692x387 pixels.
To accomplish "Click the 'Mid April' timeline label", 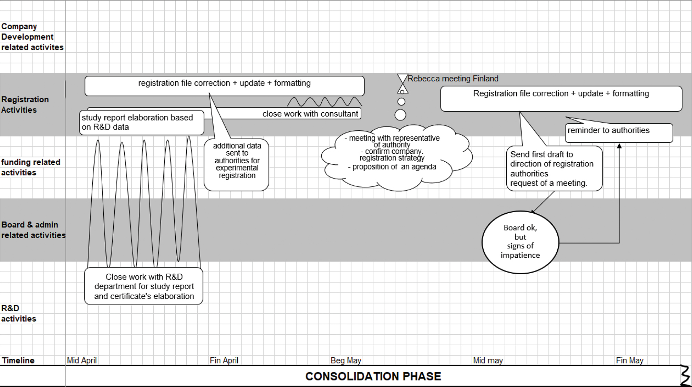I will [x=82, y=360].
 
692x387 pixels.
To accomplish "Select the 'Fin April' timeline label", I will [x=224, y=360].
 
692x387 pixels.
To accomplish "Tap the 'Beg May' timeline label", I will [x=346, y=360].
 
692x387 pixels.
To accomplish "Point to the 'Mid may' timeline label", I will [x=488, y=360].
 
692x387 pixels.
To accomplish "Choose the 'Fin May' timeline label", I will [x=630, y=360].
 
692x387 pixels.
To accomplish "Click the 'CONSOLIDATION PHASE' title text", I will [x=373, y=376].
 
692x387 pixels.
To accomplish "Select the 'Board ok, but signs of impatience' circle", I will [x=520, y=242].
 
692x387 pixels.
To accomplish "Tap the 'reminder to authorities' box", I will [x=619, y=133].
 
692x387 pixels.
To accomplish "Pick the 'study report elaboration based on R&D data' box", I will [x=141, y=122].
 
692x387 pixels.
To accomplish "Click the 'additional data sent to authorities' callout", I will [x=237, y=164].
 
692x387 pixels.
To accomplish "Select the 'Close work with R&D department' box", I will [x=144, y=286].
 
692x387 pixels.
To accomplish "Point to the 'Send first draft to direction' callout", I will [x=554, y=169].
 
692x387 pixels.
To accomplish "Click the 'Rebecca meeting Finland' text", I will [x=453, y=79].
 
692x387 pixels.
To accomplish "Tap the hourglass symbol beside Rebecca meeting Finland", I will [x=402, y=83].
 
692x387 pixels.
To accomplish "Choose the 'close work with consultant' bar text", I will [x=310, y=114].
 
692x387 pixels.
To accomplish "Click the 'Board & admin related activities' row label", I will [x=33, y=230].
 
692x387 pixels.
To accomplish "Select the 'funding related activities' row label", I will [x=30, y=167].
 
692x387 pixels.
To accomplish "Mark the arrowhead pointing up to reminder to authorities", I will [x=619, y=146].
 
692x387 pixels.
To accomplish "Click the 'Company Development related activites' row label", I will [x=32, y=37].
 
